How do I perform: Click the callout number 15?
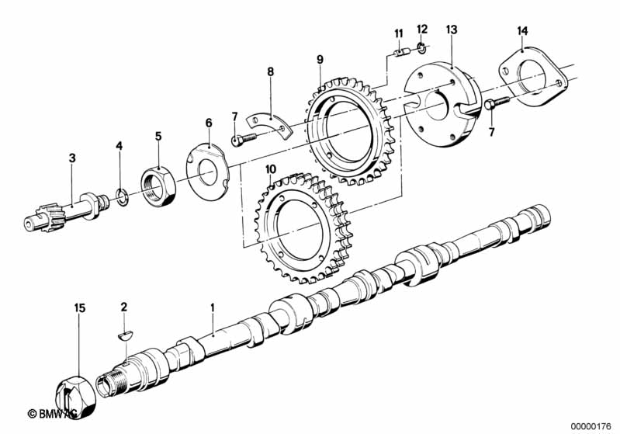80,307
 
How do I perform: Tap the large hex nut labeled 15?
77,396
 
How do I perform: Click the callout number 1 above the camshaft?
213,307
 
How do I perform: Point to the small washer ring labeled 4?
121,196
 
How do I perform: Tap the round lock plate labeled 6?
206,172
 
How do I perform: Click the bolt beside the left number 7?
244,139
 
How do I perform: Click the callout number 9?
320,60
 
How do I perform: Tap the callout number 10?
271,170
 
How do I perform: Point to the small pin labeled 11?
404,53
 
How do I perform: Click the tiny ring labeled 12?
422,49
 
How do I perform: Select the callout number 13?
451,30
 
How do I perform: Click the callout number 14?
522,30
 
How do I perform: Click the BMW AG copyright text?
54,414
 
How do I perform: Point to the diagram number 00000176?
591,426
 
